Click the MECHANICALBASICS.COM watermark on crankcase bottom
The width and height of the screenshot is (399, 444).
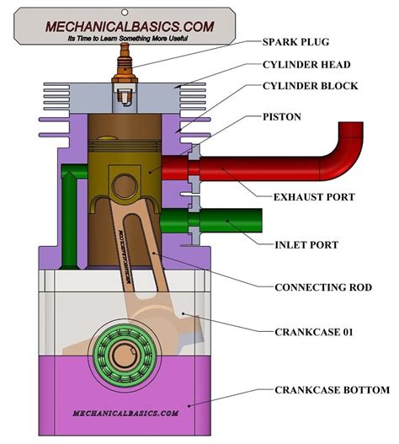click(x=114, y=414)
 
